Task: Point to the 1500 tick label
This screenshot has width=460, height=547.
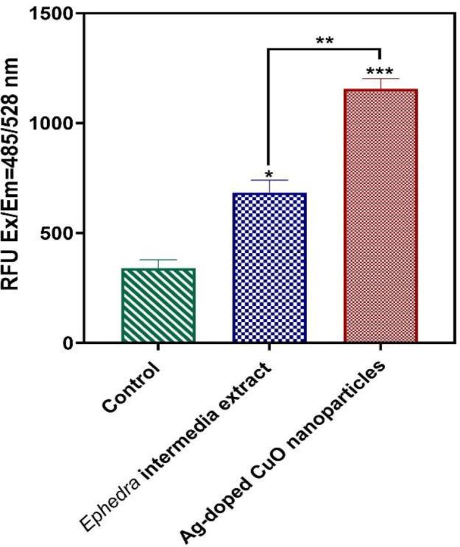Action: pos(56,14)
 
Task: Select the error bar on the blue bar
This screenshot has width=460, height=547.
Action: pos(269,185)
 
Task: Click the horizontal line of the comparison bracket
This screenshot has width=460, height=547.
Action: pos(324,50)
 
